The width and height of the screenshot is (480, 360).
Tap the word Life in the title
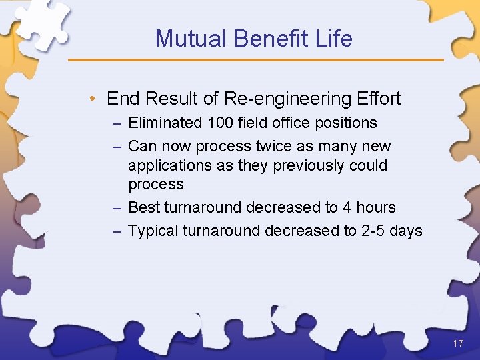(x=334, y=39)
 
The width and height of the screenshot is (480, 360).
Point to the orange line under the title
(x=256, y=60)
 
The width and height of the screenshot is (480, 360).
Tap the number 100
(x=220, y=123)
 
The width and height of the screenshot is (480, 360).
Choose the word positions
(x=343, y=123)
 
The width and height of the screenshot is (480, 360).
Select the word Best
(x=143, y=207)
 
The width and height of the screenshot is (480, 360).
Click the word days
(x=407, y=231)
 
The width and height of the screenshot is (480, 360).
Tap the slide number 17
(x=457, y=343)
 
